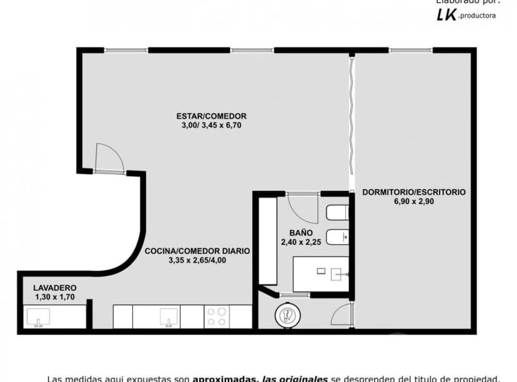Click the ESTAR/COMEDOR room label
click(211, 116)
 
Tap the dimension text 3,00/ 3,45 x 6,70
click(211, 125)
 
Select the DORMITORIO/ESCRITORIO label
click(413, 192)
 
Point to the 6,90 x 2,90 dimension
click(413, 202)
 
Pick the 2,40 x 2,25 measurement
click(300, 242)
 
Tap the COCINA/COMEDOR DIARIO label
click(197, 251)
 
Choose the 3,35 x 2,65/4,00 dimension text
click(197, 260)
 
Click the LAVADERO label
click(55, 288)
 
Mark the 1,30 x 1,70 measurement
click(55, 297)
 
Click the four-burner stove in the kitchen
click(216, 316)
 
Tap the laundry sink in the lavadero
click(38, 318)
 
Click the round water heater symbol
click(287, 316)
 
